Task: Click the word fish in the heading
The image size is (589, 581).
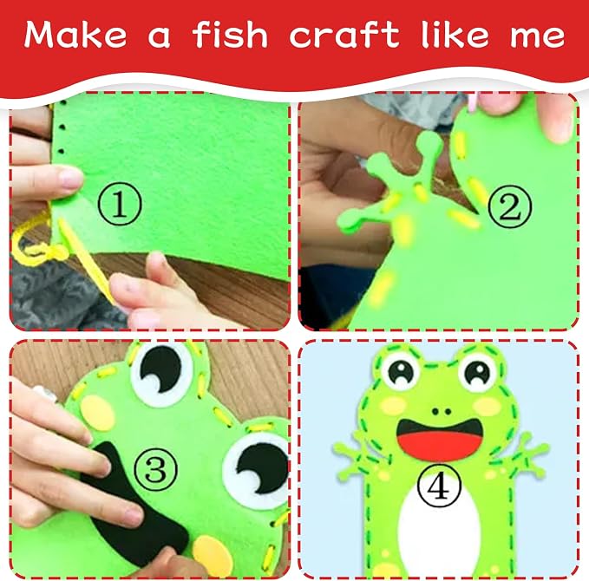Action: point(230,35)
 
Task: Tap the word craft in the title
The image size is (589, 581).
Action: point(343,35)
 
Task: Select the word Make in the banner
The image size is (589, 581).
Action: point(75,35)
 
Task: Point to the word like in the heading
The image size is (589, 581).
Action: point(455,35)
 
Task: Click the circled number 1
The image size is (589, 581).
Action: point(120,204)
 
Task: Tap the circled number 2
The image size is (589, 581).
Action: point(510,206)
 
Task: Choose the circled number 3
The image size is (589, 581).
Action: point(155,469)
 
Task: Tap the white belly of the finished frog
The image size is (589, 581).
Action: point(439,525)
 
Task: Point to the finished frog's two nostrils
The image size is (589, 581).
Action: point(441,412)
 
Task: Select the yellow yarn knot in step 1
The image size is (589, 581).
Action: point(55,251)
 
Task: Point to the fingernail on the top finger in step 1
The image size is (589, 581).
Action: point(71,178)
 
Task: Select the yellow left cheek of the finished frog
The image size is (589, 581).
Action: point(393,406)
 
